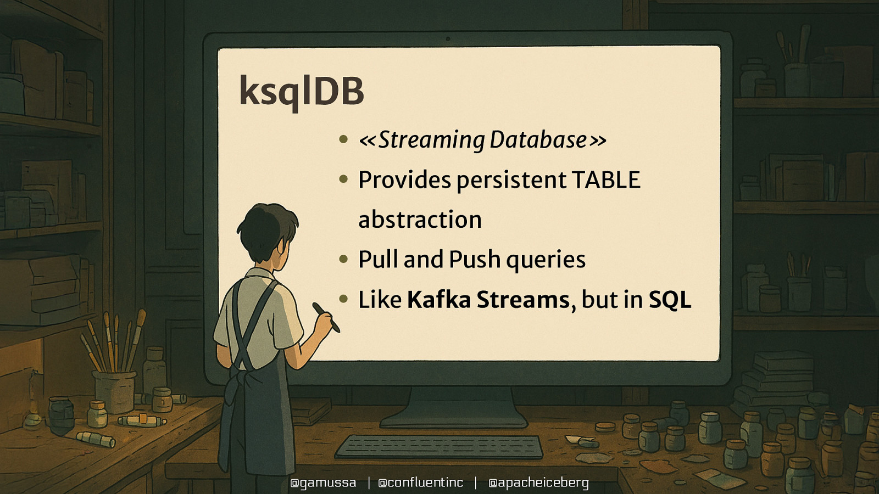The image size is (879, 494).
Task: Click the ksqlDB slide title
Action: click(301, 91)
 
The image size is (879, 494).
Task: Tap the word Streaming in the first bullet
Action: click(431, 140)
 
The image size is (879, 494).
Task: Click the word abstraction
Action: click(420, 220)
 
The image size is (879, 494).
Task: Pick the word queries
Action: click(546, 260)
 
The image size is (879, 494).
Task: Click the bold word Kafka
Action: click(439, 300)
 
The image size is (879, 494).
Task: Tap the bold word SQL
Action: click(670, 300)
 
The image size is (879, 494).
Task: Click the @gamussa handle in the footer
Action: click(323, 482)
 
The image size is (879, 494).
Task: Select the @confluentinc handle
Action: click(421, 482)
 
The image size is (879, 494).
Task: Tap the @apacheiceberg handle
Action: click(538, 482)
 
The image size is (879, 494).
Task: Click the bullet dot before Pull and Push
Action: click(344, 259)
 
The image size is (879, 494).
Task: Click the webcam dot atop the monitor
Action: click(448, 39)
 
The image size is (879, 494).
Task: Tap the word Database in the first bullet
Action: click(538, 140)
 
